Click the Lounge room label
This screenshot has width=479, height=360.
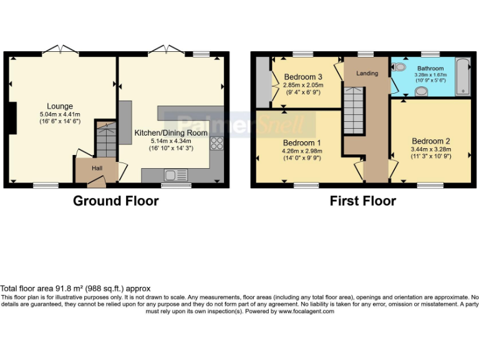59,106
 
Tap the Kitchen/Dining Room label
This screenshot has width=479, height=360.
171,133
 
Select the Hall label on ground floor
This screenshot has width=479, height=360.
97,167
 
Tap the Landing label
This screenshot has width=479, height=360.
367,73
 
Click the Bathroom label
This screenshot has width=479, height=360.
430,68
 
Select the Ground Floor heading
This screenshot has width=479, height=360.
115,201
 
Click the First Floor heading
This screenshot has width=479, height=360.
363,201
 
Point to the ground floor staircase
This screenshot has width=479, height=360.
106,140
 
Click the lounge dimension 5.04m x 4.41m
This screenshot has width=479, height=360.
59,114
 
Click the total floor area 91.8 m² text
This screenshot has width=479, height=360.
75,288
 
